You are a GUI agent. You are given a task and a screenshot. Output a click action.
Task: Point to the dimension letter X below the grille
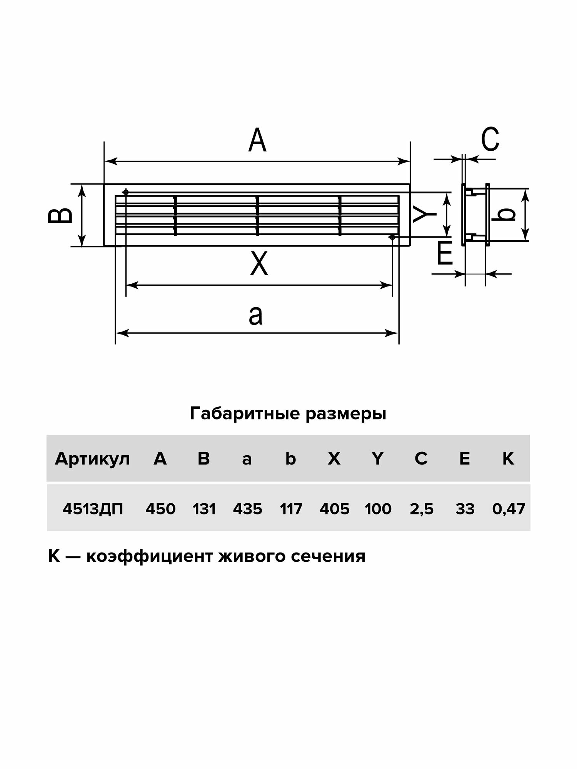[x=259, y=263]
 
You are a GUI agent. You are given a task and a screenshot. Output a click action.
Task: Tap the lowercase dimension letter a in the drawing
[x=256, y=316]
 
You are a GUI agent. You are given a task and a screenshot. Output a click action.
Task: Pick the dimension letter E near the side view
[x=445, y=254]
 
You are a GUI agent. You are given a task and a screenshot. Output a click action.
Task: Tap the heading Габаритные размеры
[x=288, y=414]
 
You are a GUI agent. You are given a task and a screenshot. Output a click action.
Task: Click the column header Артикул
[x=92, y=459]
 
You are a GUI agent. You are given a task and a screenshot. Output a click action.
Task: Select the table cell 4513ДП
[x=93, y=509]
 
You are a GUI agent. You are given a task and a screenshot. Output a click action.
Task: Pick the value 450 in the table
[x=160, y=509]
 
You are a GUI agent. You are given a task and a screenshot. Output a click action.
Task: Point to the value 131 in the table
[x=204, y=509]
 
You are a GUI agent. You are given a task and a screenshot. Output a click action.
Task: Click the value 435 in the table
[x=247, y=509]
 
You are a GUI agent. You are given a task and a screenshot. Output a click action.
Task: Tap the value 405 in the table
[x=334, y=509]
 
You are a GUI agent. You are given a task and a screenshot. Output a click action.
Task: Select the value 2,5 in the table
[x=422, y=509]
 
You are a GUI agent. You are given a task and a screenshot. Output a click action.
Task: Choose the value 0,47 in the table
[x=509, y=509]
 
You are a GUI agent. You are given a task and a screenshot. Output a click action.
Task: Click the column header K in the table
[x=508, y=459]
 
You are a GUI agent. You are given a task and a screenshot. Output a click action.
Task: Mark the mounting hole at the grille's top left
[x=125, y=191]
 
